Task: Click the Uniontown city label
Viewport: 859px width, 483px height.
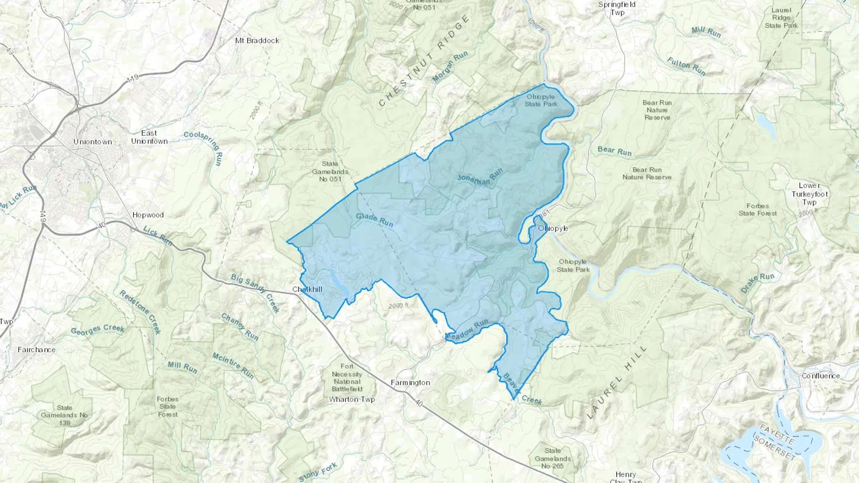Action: point(93,142)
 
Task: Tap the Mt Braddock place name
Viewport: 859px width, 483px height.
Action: point(257,41)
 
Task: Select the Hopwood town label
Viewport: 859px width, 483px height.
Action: point(148,215)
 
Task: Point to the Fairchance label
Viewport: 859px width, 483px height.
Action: point(36,349)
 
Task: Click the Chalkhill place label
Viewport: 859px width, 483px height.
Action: point(307,289)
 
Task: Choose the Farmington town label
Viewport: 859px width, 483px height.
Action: point(410,382)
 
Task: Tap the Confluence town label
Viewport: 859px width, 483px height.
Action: point(820,376)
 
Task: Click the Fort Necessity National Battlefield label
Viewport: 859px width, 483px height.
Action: point(347,377)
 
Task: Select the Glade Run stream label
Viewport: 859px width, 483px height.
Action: point(375,220)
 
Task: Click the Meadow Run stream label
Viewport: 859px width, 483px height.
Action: point(467,329)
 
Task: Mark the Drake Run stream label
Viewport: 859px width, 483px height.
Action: point(757,283)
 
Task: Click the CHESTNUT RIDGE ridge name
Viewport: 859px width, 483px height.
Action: point(423,62)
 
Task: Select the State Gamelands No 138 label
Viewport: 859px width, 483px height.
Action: point(64,415)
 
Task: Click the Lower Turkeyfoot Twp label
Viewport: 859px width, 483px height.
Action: point(809,194)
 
